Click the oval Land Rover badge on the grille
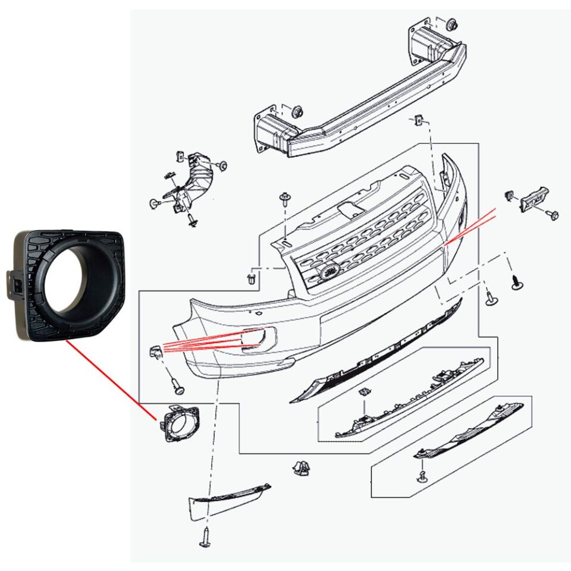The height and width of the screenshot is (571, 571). pos(328,272)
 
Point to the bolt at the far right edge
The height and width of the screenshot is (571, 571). pos(553,214)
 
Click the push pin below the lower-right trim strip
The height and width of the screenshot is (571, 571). pos(422,476)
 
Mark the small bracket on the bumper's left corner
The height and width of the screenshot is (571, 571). pos(156,352)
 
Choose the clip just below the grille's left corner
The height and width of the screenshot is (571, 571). pos(253,278)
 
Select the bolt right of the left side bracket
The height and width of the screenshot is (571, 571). pos(222,165)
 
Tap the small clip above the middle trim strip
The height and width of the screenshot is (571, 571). pos(365,393)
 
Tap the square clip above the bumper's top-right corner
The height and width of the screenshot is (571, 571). pos(419,120)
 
